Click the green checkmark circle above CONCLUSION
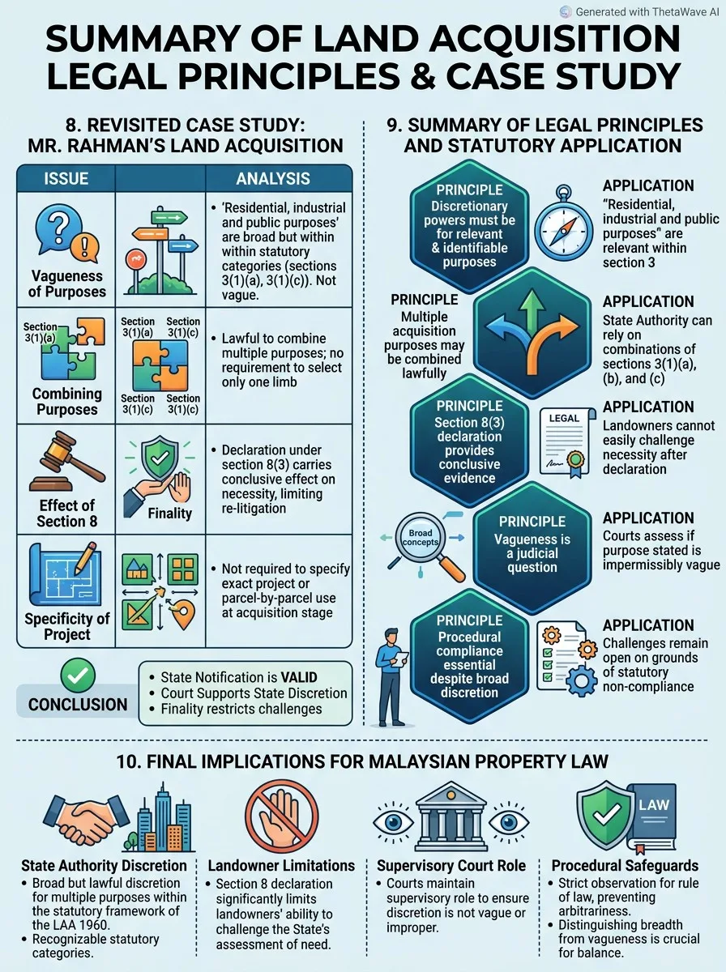tap(78, 676)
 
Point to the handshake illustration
tap(84, 820)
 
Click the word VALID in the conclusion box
tap(298, 677)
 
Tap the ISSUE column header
tap(66, 178)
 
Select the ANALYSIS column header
tap(273, 178)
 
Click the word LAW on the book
tap(653, 804)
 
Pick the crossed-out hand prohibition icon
tap(282, 816)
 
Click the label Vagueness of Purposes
tap(67, 283)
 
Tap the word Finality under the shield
tap(169, 514)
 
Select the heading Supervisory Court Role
tap(451, 866)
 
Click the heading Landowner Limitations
tap(281, 866)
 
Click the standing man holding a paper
tap(391, 676)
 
